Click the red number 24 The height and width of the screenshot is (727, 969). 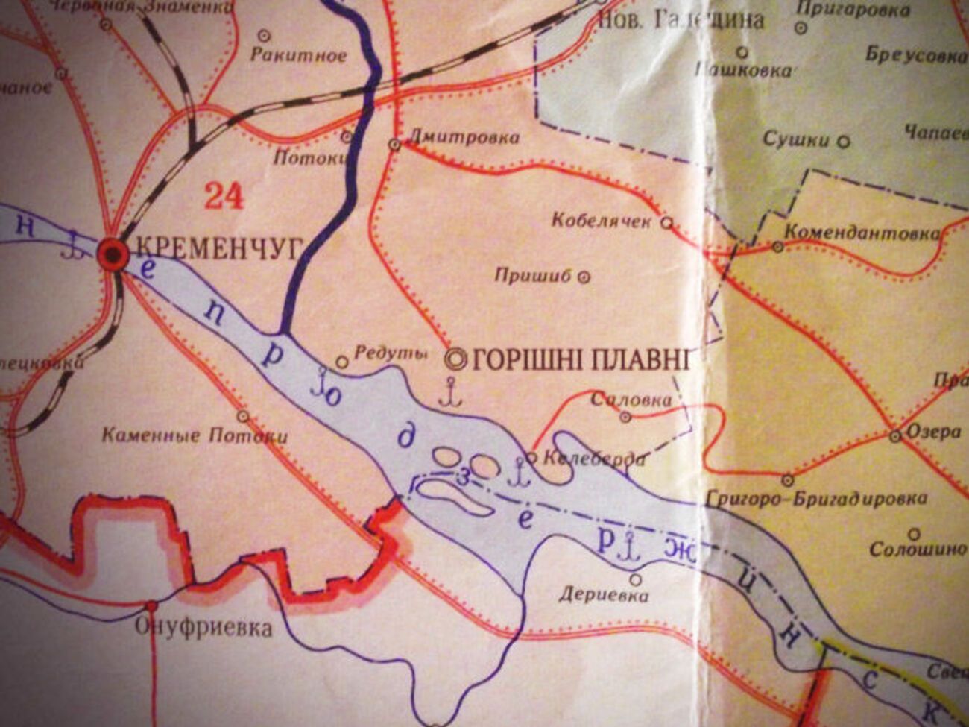tap(224, 196)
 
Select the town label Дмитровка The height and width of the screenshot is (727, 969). tap(464, 138)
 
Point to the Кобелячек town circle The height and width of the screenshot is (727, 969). tap(668, 221)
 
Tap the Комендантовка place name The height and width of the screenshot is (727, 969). tap(862, 233)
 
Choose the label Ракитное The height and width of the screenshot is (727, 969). tap(298, 55)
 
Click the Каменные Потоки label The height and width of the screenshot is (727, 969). tap(194, 435)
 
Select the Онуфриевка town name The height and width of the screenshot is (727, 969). tap(203, 628)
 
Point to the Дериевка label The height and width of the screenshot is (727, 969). tap(604, 595)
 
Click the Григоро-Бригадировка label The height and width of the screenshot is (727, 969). tap(815, 498)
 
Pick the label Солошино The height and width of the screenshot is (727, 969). tap(918, 550)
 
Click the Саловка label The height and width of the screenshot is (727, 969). tap(631, 400)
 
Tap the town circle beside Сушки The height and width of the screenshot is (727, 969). tap(845, 140)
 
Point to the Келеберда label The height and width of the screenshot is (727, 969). tap(594, 459)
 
